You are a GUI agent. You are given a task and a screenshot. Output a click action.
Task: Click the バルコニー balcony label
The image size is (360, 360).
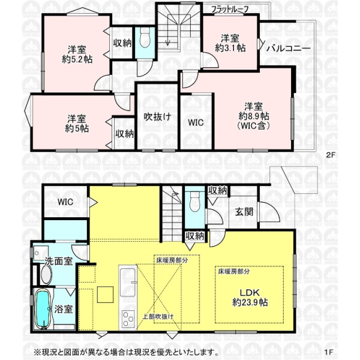click(x=289, y=49)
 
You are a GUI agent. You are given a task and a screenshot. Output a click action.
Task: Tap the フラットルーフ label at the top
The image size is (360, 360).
click(x=230, y=10)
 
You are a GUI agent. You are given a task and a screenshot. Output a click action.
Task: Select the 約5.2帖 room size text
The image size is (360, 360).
click(x=77, y=59)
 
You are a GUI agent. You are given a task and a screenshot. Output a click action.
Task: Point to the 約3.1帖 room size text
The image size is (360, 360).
click(x=230, y=48)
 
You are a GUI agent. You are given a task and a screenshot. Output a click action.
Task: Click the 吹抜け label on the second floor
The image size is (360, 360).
click(x=157, y=117)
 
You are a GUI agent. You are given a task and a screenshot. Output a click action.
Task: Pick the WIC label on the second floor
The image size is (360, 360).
click(x=196, y=122)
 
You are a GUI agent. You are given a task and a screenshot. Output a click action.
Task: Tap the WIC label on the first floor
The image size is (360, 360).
click(x=65, y=202)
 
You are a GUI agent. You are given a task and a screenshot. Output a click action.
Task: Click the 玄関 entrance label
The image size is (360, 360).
click(x=244, y=212)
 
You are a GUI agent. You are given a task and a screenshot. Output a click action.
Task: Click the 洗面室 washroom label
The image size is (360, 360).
click(x=59, y=261)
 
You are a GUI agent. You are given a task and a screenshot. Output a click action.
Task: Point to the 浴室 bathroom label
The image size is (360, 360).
click(x=64, y=309)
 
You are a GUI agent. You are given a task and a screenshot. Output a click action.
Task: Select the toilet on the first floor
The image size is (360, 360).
click(x=195, y=202)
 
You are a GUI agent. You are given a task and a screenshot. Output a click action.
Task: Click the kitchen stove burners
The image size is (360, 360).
click(x=128, y=319)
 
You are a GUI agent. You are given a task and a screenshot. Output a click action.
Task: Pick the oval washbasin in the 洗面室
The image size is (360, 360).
click(x=47, y=274)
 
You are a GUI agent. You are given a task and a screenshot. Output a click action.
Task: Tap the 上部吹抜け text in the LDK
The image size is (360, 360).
click(x=158, y=317)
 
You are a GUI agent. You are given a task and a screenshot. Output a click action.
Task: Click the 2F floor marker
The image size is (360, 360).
click(x=331, y=155)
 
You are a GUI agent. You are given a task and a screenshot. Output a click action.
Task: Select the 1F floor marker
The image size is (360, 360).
click(x=329, y=352)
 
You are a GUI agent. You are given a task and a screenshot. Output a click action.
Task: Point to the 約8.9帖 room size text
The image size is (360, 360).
click(x=254, y=116)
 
